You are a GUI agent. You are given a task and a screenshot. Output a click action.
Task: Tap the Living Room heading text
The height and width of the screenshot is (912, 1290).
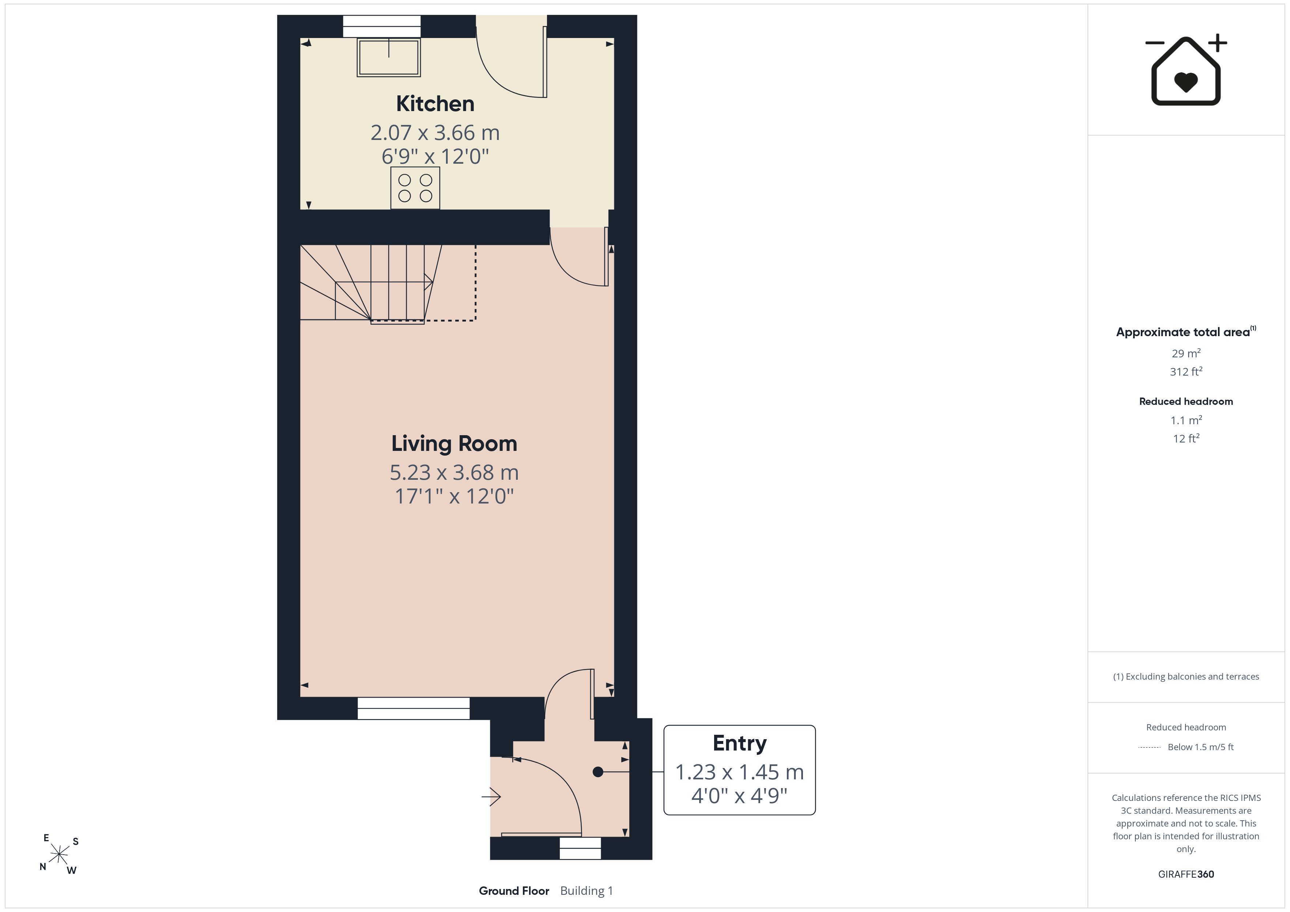[x=454, y=444]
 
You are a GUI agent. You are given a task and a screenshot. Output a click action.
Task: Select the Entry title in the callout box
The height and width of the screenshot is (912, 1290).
[x=739, y=744]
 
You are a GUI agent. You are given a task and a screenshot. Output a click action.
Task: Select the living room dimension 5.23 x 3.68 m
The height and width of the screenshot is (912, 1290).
[x=454, y=473]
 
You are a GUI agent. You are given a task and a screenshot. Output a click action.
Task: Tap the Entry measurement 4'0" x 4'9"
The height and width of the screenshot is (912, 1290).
[x=739, y=796]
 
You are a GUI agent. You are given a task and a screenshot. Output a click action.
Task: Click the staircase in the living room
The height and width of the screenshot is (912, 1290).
[x=388, y=284]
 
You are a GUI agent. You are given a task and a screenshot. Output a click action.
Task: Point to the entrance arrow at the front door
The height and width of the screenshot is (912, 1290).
[x=491, y=796]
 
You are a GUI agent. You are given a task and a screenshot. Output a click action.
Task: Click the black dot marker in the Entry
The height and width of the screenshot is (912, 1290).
[x=598, y=772]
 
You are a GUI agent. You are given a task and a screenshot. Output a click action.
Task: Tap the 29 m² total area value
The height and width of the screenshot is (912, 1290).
[x=1186, y=353]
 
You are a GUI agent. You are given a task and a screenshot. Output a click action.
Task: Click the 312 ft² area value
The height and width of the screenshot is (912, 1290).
[x=1186, y=372]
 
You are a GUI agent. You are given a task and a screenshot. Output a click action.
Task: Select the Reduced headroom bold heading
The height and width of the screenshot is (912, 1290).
[x=1186, y=402]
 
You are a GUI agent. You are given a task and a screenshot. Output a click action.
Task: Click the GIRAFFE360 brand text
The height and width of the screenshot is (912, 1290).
[x=1186, y=874]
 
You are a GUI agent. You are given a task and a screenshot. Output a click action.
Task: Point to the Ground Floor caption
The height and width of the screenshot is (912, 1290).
[x=513, y=891]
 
